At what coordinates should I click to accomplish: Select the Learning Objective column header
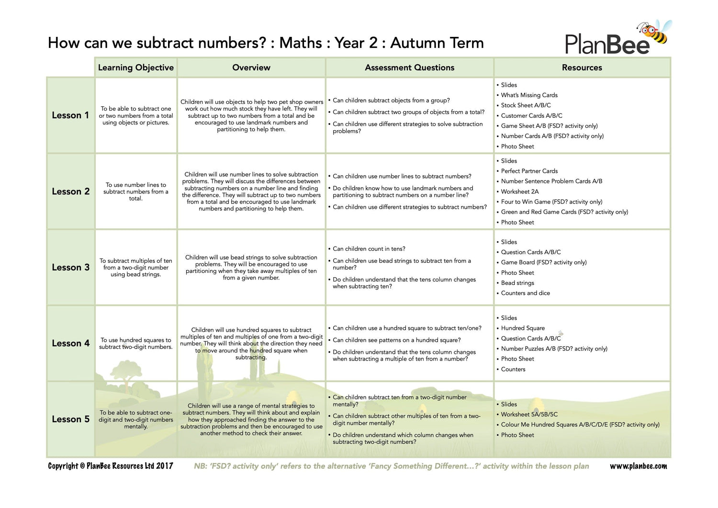pyautogui.click(x=136, y=68)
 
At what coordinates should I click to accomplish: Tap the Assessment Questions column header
pyautogui.click(x=409, y=68)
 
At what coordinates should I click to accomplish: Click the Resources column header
pyautogui.click(x=582, y=68)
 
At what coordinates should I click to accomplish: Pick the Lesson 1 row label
pyautogui.click(x=70, y=115)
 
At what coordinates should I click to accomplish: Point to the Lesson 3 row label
pyautogui.click(x=70, y=268)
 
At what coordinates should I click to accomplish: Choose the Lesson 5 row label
pyautogui.click(x=70, y=419)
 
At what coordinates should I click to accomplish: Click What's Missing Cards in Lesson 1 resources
pyautogui.click(x=529, y=95)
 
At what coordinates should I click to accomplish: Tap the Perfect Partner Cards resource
pyautogui.click(x=529, y=171)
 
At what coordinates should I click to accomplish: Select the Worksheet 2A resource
pyautogui.click(x=519, y=192)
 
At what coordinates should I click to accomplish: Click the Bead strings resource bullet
pyautogui.click(x=517, y=283)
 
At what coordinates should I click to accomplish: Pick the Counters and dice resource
pyautogui.click(x=525, y=293)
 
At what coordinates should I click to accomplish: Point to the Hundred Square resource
pyautogui.click(x=523, y=328)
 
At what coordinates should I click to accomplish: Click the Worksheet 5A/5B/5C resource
pyautogui.click(x=529, y=415)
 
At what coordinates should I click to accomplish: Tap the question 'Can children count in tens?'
pyautogui.click(x=369, y=249)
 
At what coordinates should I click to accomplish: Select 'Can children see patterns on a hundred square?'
pyautogui.click(x=396, y=340)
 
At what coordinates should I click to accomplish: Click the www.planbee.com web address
pyautogui.click(x=638, y=466)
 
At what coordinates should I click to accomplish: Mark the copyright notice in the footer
pyautogui.click(x=111, y=466)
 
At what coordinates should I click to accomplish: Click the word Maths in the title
pyautogui.click(x=301, y=43)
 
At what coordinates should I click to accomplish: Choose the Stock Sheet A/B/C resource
pyautogui.click(x=526, y=105)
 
